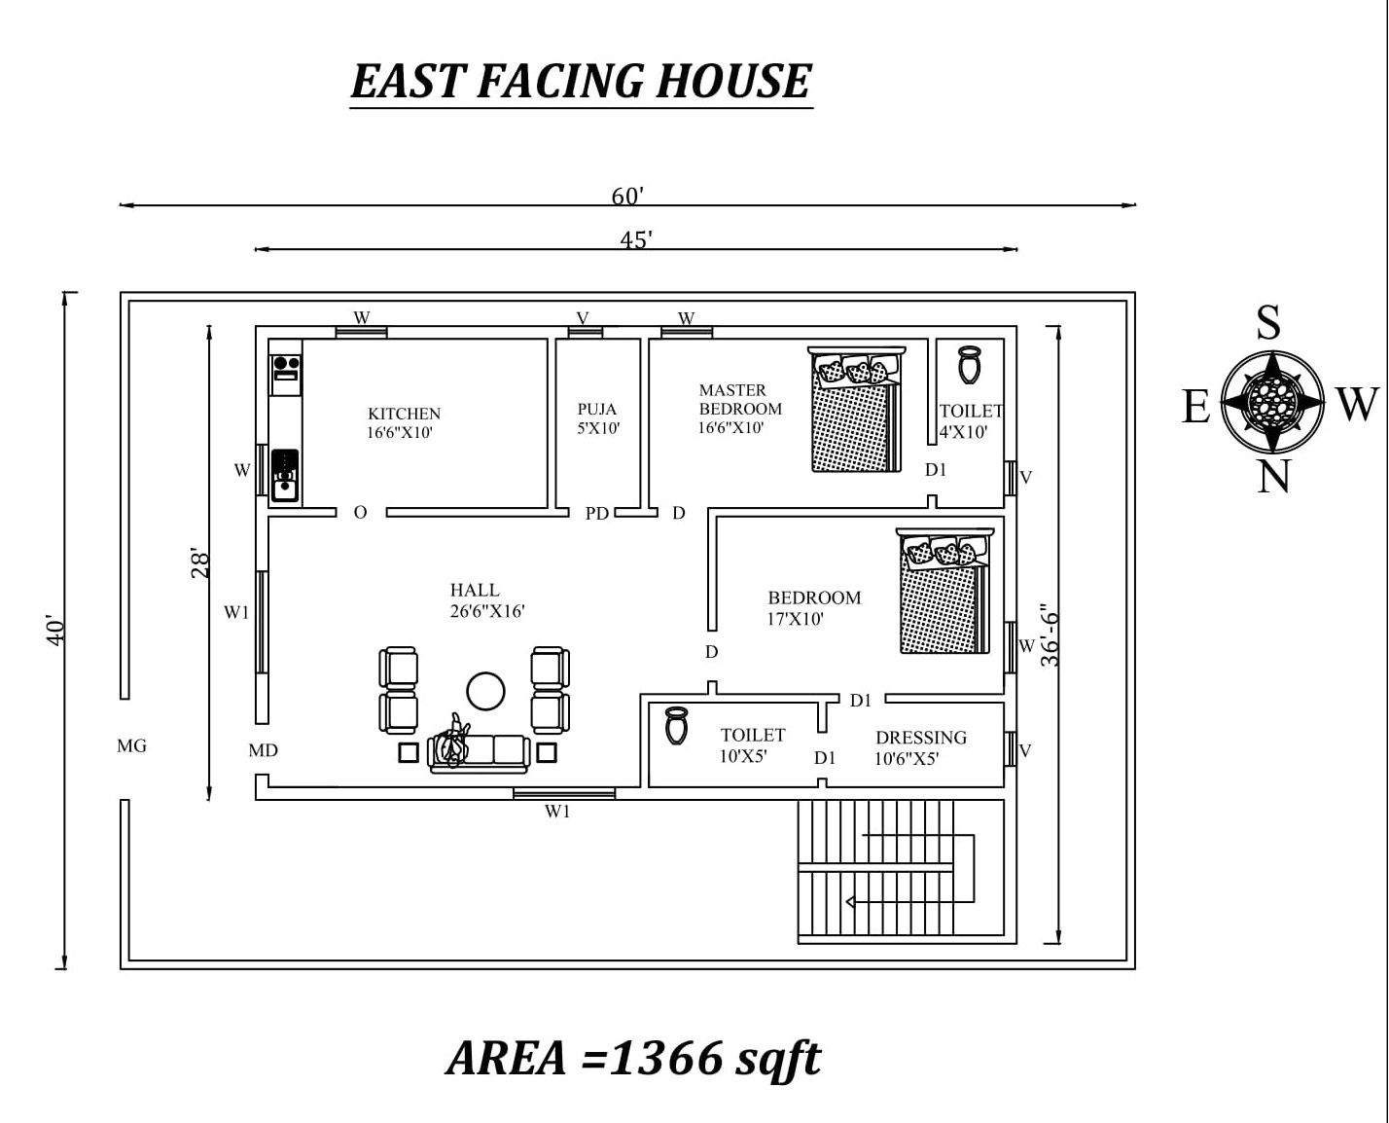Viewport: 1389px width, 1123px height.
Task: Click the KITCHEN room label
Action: (404, 413)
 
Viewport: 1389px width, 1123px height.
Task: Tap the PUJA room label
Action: (596, 409)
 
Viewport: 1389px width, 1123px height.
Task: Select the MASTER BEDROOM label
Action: (740, 399)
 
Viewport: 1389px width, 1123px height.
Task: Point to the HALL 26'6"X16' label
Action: (487, 600)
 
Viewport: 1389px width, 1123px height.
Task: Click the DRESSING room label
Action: (921, 738)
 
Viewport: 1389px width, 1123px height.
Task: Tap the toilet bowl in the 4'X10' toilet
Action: (970, 365)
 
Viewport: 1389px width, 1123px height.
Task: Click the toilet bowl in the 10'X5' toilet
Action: (676, 725)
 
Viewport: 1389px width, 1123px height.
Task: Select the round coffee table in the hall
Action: (485, 691)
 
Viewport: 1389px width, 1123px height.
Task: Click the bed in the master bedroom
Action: (856, 409)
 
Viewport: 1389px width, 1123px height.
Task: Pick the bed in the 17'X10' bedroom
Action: (944, 591)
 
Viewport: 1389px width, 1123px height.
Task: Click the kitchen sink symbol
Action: (285, 475)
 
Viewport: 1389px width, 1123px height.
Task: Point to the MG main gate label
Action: (131, 745)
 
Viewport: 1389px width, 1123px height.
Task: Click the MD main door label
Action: (263, 750)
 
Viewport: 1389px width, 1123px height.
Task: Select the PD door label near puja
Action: (596, 514)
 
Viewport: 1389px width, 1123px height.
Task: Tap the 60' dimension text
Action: (627, 196)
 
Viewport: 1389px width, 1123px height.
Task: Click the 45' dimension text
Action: (636, 240)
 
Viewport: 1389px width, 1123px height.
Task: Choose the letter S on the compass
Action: (1268, 322)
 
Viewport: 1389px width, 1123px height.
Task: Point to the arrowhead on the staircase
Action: (850, 902)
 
